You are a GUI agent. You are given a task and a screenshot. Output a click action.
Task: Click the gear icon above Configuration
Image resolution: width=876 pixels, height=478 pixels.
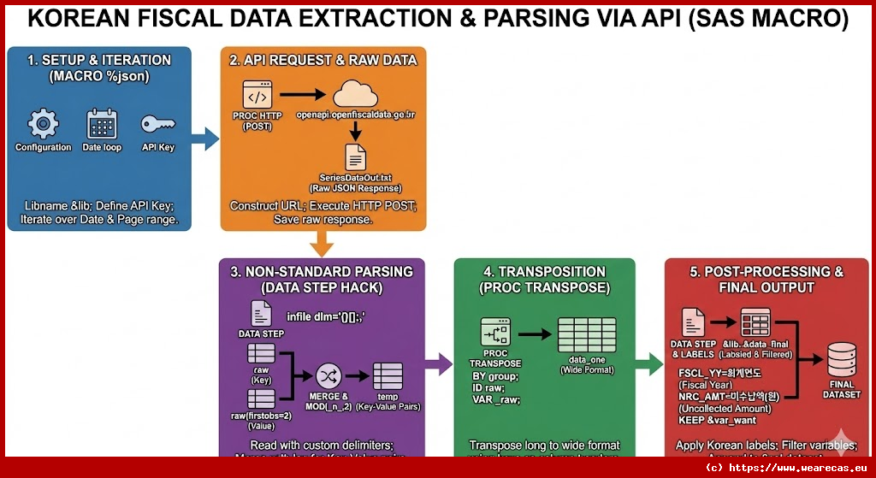(x=43, y=124)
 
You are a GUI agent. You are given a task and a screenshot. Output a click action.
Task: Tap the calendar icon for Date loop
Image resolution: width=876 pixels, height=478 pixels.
(x=102, y=124)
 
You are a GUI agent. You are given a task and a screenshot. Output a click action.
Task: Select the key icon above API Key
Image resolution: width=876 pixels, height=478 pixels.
(x=158, y=124)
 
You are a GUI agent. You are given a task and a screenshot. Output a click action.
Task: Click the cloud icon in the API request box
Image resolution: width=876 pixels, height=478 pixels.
(x=354, y=95)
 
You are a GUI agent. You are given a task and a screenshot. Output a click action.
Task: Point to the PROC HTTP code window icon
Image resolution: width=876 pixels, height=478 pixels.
(x=257, y=95)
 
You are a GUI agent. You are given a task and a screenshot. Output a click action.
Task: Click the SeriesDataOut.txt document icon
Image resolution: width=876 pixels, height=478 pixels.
(x=355, y=156)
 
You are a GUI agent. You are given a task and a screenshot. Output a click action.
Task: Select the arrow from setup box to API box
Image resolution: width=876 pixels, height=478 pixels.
(x=204, y=139)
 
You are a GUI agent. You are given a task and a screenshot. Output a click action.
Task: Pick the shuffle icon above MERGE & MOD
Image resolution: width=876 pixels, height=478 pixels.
(x=328, y=376)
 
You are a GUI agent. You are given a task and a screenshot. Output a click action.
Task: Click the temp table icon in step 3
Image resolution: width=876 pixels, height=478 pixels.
(x=387, y=376)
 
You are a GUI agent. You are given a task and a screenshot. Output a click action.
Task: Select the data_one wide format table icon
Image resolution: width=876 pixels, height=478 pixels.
(x=586, y=335)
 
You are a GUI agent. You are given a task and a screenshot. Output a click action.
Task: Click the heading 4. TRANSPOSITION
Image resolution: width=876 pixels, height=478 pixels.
(x=544, y=271)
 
